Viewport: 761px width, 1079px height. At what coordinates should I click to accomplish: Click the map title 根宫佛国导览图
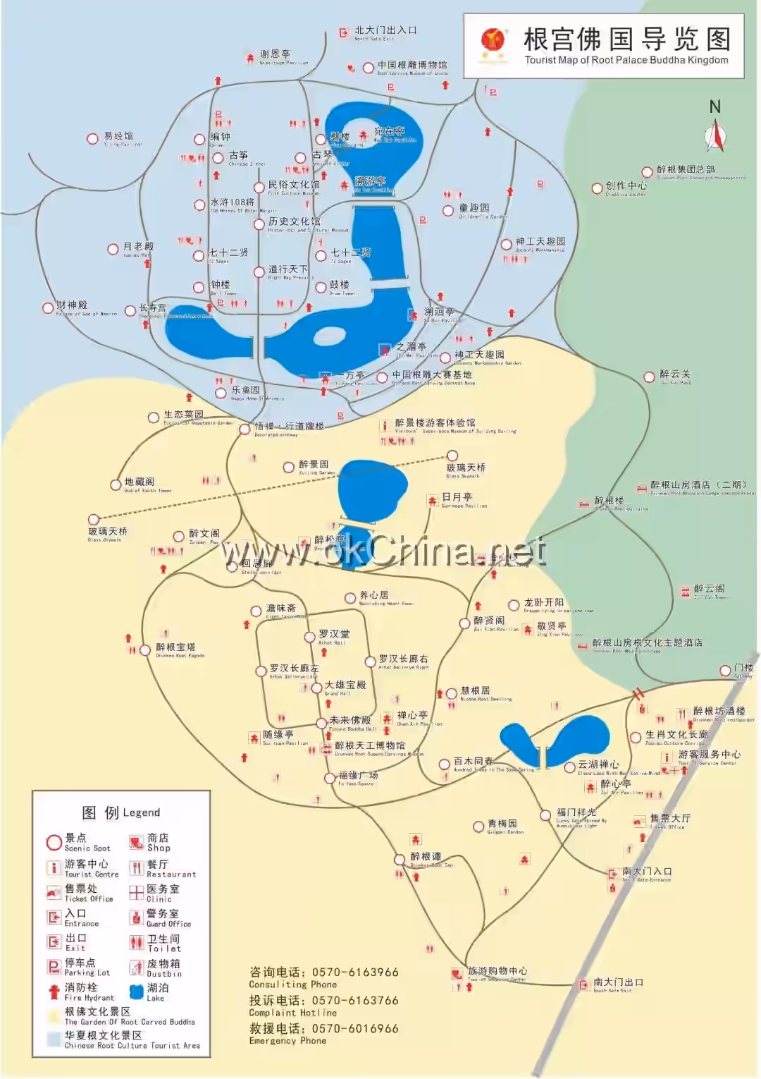pyautogui.click(x=626, y=40)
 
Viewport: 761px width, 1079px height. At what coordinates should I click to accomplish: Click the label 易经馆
pyautogui.click(x=118, y=136)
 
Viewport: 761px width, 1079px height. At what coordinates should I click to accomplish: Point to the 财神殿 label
pyautogui.click(x=72, y=305)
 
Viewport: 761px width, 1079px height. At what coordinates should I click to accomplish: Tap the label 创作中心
pyautogui.click(x=626, y=185)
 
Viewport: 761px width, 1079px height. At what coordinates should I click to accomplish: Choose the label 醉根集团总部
pyautogui.click(x=686, y=169)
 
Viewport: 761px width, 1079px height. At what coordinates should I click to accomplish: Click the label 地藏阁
pyautogui.click(x=139, y=482)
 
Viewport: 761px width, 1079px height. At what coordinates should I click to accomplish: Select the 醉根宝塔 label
pyautogui.click(x=175, y=647)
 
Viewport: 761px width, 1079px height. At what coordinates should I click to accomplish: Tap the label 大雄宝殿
pyautogui.click(x=345, y=685)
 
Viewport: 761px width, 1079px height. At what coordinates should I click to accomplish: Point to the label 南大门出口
pyautogui.click(x=618, y=982)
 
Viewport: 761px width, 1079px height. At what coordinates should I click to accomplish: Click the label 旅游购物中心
pyautogui.click(x=497, y=971)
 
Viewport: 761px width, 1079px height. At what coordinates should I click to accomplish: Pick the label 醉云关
pyautogui.click(x=675, y=374)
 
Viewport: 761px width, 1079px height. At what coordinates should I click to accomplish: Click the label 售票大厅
pyautogui.click(x=670, y=818)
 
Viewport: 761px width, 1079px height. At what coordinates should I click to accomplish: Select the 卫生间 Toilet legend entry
pyautogui.click(x=163, y=942)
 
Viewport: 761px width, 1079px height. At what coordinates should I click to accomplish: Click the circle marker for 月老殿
pyautogui.click(x=113, y=249)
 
